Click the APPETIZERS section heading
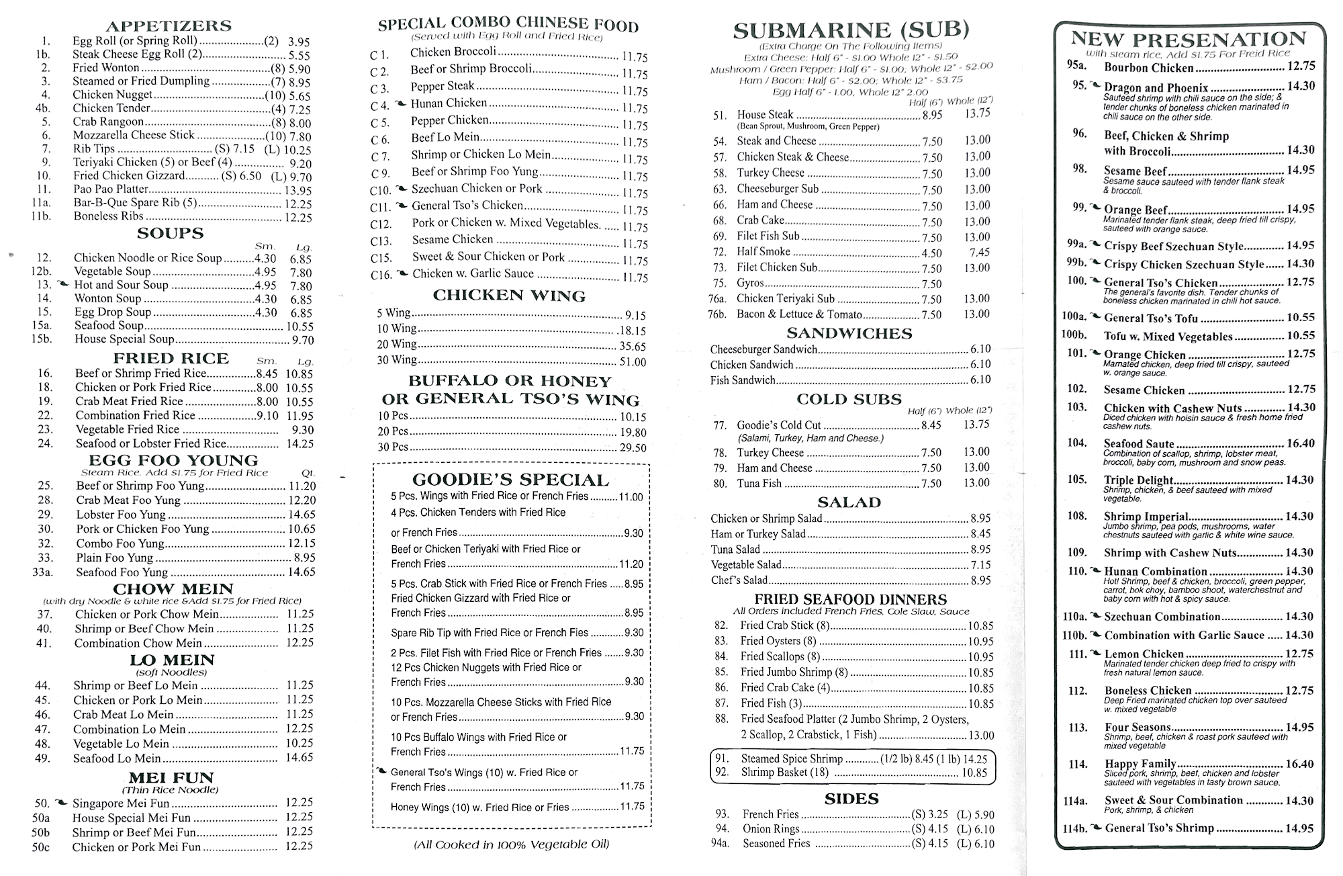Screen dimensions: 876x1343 click(x=169, y=26)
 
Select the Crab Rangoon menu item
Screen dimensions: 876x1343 click(x=108, y=122)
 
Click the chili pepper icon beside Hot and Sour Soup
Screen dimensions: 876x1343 click(x=64, y=284)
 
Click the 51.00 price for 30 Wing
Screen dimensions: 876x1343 click(x=633, y=362)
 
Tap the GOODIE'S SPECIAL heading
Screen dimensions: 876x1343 click(x=510, y=480)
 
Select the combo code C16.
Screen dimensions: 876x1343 click(x=381, y=275)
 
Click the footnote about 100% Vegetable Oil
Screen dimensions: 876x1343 click(x=511, y=844)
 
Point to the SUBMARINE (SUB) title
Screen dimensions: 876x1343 click(x=851, y=30)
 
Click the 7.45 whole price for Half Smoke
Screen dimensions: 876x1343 click(x=980, y=253)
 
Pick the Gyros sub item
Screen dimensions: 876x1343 click(x=750, y=283)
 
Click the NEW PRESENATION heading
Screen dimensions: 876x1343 click(x=1188, y=39)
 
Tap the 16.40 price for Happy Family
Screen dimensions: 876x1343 click(x=1299, y=764)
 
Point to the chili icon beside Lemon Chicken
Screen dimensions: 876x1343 click(x=1095, y=653)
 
